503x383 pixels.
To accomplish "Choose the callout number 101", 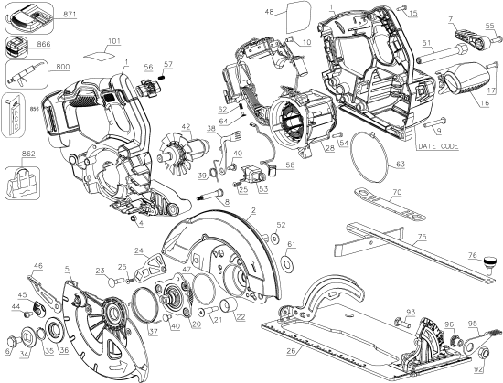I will click(112, 41).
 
